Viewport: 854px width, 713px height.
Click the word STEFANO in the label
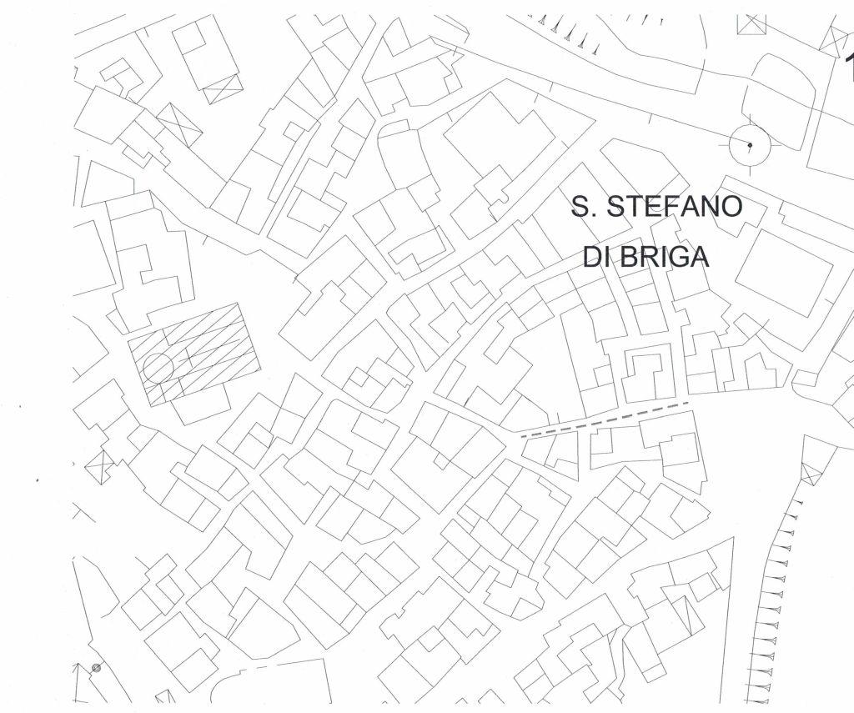pos(674,207)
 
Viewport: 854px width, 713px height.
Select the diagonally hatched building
pos(193,353)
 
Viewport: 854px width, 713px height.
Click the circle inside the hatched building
pos(158,367)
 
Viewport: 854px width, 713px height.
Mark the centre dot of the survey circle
pos(749,146)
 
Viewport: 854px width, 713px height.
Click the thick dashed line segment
pos(604,419)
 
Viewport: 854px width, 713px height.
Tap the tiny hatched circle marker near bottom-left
pos(97,667)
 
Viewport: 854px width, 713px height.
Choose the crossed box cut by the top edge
pos(752,24)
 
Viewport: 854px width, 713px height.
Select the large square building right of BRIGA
pos(783,271)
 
